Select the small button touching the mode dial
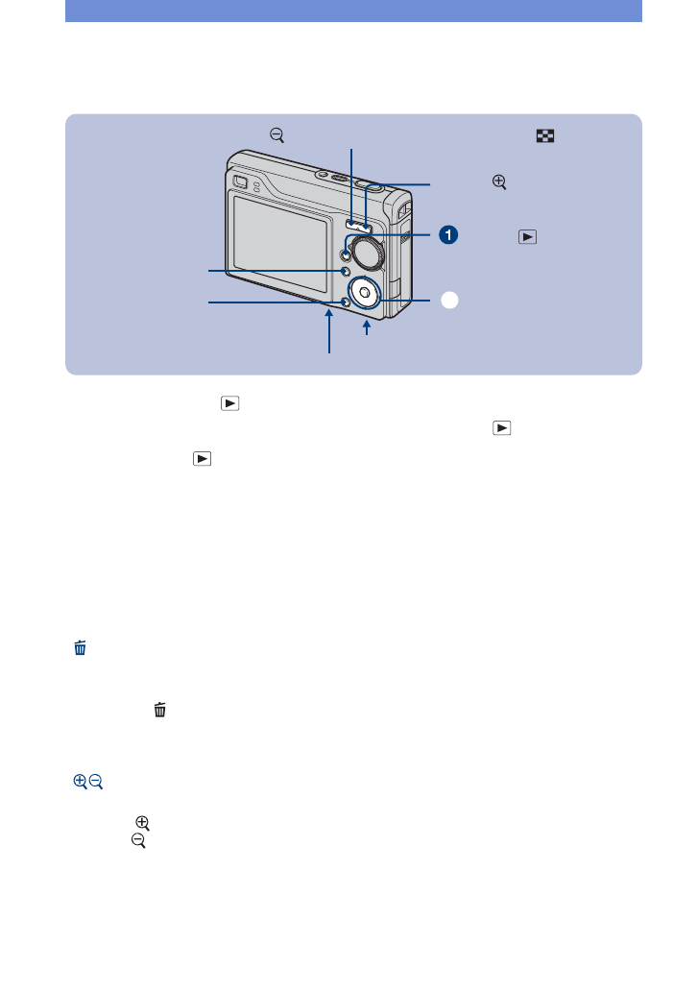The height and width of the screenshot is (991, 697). point(346,254)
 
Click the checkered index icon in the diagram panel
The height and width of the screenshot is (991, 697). point(544,137)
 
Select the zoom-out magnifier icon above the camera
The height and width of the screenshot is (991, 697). point(276,137)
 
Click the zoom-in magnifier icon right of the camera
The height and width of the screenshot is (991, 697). point(499,181)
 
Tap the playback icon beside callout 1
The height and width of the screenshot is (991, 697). point(526,236)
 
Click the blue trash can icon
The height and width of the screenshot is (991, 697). point(81,649)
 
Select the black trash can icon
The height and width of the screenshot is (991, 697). point(160,710)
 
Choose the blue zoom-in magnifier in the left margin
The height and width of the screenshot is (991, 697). point(80,783)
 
